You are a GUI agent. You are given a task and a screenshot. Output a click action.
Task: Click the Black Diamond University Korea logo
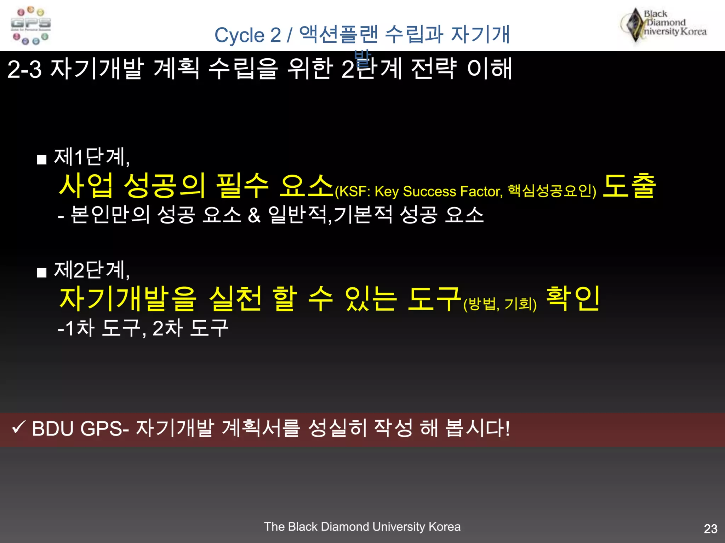[x=664, y=25]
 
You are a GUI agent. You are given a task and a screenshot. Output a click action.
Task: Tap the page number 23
[x=710, y=529]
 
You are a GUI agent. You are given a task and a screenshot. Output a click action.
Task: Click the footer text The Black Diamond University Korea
[x=362, y=526]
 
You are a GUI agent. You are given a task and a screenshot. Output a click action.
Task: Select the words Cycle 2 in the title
[x=247, y=35]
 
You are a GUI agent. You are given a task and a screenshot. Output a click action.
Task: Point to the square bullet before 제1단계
[x=42, y=160]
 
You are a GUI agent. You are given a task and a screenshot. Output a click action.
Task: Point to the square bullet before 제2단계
[x=42, y=273]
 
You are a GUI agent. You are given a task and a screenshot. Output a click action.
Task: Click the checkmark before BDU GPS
[x=18, y=427]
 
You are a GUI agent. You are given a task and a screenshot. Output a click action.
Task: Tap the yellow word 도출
[x=629, y=186]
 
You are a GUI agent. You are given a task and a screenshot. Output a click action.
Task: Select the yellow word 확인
[x=573, y=299]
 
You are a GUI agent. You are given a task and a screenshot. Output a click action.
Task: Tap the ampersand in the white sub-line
[x=254, y=215]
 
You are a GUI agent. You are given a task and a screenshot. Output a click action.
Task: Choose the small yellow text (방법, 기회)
[x=500, y=304]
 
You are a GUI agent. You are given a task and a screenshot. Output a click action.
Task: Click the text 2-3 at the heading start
[x=24, y=69]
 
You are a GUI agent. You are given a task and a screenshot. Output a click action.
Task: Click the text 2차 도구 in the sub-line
[x=190, y=328]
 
